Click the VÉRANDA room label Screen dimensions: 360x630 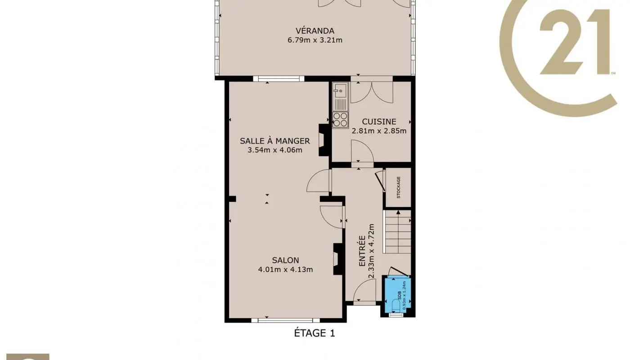[x=315, y=31]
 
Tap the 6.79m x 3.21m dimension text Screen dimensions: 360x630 [x=315, y=40]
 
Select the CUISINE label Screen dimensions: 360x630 [x=379, y=121]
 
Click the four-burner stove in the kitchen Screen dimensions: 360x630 [x=340, y=120]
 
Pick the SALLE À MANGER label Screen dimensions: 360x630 [x=274, y=141]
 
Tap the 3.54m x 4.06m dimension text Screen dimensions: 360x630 [x=274, y=150]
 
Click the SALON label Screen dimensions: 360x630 [x=285, y=260]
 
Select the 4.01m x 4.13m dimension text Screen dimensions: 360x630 [x=285, y=270]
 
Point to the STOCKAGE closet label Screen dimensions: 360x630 [x=398, y=188]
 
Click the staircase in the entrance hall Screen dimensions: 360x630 [x=398, y=232]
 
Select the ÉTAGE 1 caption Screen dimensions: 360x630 [x=315, y=333]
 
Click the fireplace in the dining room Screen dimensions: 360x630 [x=324, y=140]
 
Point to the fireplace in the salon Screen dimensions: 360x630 [x=337, y=259]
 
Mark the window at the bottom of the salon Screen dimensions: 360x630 [x=285, y=320]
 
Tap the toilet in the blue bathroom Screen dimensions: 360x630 [x=396, y=306]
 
